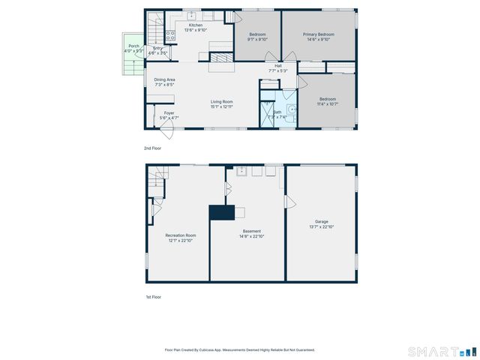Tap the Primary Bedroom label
pos(318,34)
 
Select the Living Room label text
pos(221,101)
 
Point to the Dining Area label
pos(165,79)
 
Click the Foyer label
pos(169,113)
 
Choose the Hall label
pos(278,66)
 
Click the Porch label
pos(133,46)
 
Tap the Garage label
pos(322,221)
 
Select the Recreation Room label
pos(180,235)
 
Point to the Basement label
pos(251,231)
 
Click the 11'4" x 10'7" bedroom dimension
pos(328,103)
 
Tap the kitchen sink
pos(191,14)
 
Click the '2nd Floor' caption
pos(152,148)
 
